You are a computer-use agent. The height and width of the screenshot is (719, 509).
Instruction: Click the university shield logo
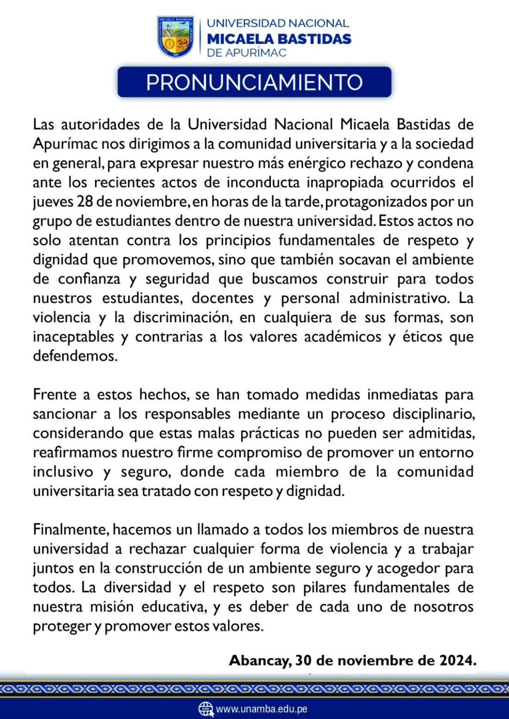[x=175, y=37]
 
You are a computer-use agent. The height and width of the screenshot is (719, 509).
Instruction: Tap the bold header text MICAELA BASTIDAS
[x=279, y=39]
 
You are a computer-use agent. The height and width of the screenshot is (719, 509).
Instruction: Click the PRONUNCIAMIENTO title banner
[x=254, y=82]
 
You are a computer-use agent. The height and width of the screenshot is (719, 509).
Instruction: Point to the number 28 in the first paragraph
[x=84, y=202]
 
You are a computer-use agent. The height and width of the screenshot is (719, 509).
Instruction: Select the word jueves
[x=53, y=202]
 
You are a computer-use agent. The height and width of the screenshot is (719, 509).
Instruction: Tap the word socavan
[x=365, y=259]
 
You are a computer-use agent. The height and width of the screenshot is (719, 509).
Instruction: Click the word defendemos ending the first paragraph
[x=74, y=356]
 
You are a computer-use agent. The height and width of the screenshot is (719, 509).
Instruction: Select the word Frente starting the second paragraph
[x=55, y=394]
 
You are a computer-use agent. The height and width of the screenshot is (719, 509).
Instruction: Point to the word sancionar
[x=64, y=414]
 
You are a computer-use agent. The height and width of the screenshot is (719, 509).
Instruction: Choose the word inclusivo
[x=63, y=472]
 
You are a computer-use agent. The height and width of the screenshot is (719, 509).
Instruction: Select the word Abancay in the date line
[x=260, y=660]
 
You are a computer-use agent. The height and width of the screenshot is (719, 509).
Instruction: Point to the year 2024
[x=456, y=660]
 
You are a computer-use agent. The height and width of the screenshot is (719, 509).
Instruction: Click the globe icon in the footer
[x=206, y=709]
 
